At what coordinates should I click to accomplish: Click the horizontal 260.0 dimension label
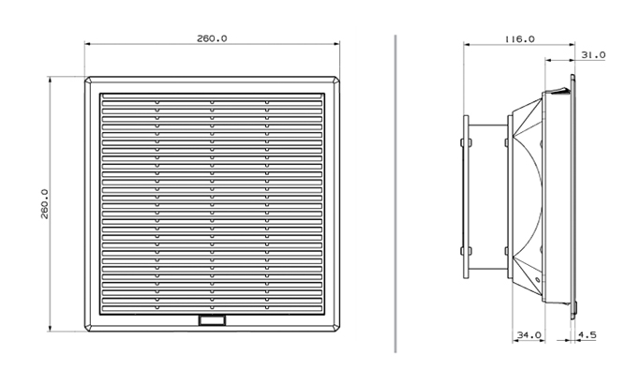point(212,38)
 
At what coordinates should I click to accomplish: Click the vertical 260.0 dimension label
point(44,203)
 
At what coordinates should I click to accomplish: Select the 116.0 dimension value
point(520,39)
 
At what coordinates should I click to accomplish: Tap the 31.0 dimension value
point(593,54)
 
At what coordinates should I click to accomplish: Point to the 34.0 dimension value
point(529,335)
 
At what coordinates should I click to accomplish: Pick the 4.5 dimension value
point(588,335)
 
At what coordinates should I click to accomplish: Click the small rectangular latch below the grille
point(212,320)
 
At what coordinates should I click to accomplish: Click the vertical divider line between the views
point(395,194)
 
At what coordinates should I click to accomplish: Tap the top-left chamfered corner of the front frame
point(88,80)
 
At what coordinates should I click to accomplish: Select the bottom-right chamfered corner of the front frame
point(336,328)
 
